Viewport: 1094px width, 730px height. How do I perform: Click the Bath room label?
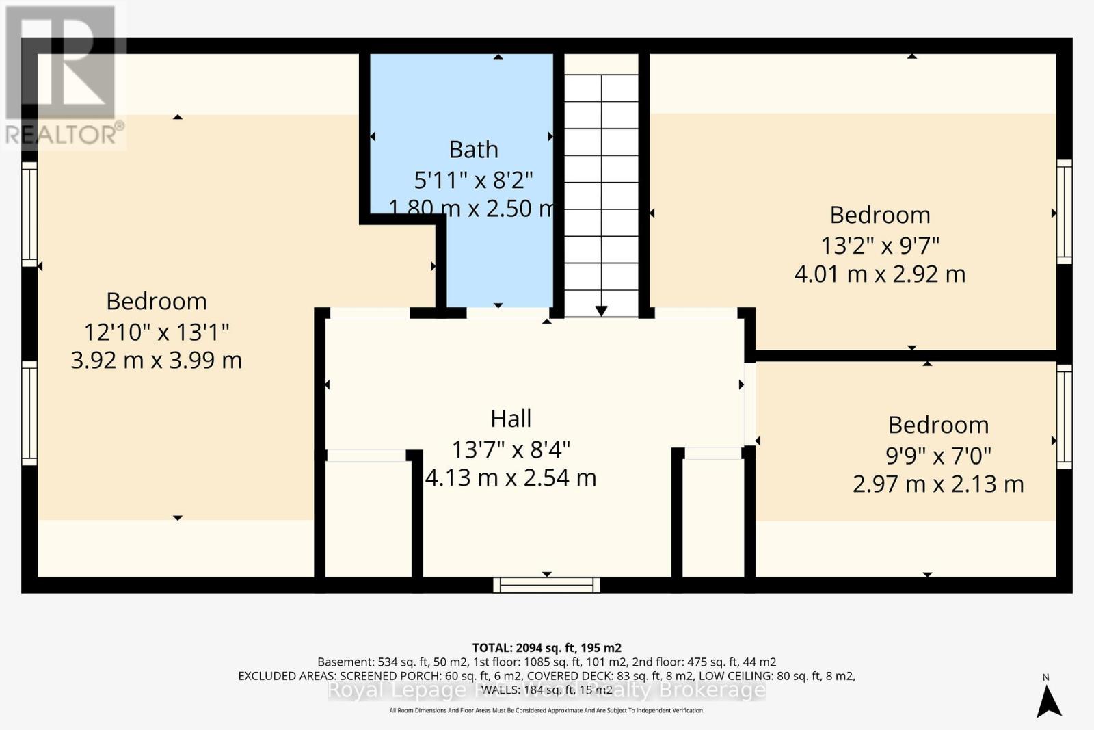coord(473,149)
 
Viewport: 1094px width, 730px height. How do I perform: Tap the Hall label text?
coord(511,418)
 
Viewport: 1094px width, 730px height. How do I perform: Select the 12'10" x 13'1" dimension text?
coord(156,332)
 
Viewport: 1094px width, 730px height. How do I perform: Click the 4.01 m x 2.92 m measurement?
coord(879,274)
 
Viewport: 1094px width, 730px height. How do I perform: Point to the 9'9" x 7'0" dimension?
coord(938,454)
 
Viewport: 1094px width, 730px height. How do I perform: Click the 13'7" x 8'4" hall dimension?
coord(511,449)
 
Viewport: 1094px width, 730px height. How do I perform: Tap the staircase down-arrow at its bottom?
coord(601,311)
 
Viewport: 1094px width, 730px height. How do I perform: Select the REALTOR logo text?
coord(65,134)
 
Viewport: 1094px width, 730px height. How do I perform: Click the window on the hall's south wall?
coord(546,585)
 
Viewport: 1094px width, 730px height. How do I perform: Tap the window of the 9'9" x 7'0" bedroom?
coord(1064,417)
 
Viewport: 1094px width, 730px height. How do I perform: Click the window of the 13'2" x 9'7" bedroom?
coord(1064,211)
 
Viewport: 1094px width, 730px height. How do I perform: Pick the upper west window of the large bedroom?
coord(29,213)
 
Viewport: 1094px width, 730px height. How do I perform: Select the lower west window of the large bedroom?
coord(29,413)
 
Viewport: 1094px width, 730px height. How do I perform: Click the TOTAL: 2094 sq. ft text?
coord(546,647)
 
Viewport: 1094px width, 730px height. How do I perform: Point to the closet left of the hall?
coord(368,519)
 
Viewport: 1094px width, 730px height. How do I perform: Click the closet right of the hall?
coord(712,517)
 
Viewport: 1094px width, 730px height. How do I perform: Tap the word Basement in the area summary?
coord(346,662)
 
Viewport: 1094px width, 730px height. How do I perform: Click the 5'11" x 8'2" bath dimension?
coord(473,180)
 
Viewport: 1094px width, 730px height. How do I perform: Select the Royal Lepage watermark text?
coord(546,690)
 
